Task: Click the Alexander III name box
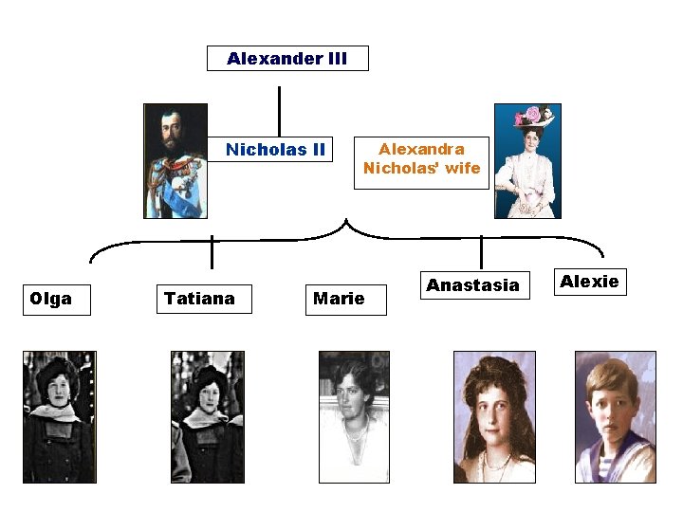pyautogui.click(x=287, y=59)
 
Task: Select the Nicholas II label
pyautogui.click(x=275, y=150)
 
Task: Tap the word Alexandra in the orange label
pyautogui.click(x=421, y=150)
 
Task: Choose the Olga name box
pyautogui.click(x=56, y=300)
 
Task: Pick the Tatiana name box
pyautogui.click(x=199, y=300)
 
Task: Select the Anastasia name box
pyautogui.click(x=472, y=285)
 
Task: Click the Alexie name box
pyautogui.click(x=589, y=282)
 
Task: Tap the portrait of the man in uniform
pyautogui.click(x=175, y=161)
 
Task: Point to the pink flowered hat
pyautogui.click(x=533, y=117)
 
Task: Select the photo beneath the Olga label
pyautogui.click(x=59, y=417)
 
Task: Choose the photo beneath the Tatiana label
pyautogui.click(x=207, y=417)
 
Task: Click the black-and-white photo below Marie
pyautogui.click(x=354, y=417)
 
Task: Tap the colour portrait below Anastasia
pyautogui.click(x=493, y=417)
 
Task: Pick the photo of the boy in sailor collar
pyautogui.click(x=615, y=417)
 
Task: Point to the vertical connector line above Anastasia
pyautogui.click(x=482, y=252)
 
